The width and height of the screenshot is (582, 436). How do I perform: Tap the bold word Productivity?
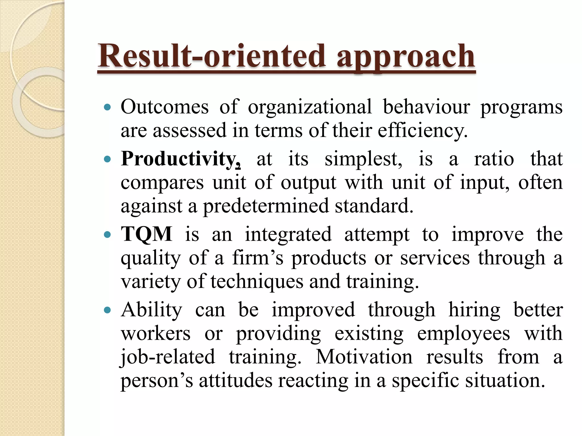181,159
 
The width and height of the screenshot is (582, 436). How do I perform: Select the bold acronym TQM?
146,234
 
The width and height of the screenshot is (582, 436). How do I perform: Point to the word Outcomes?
165,107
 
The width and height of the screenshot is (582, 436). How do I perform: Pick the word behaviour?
426,107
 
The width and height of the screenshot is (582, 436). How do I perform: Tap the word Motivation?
364,357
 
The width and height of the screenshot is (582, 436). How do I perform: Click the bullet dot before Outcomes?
107,108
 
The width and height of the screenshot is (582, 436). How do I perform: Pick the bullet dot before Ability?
107,310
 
